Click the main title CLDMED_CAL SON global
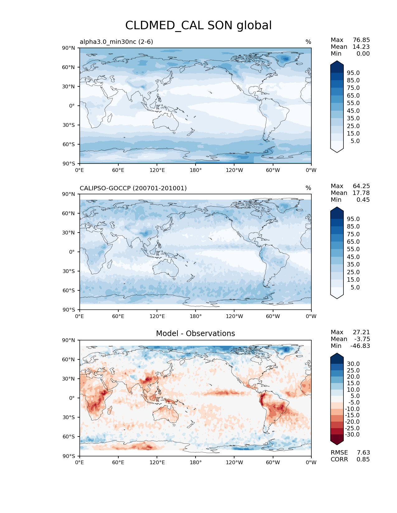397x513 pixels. coord(198,25)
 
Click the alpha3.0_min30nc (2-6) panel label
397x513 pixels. coord(116,42)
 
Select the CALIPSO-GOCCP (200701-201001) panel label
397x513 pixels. coord(133,188)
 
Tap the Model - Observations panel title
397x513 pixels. coord(195,334)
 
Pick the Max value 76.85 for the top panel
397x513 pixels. coord(361,40)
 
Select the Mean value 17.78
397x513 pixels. coord(361,193)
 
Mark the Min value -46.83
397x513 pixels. coord(360,346)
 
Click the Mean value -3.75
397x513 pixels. coord(362,339)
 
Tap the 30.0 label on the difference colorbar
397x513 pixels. coord(353,364)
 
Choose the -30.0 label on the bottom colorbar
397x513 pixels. coord(352,434)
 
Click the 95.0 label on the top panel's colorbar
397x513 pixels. coord(353,73)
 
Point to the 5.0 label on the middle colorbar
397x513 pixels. coord(355,287)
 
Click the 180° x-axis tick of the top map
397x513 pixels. coord(196,170)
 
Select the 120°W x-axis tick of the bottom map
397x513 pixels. coord(234,462)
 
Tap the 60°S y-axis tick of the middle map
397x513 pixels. coord(69,290)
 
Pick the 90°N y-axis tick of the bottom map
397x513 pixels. coord(69,340)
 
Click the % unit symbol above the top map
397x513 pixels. coord(308,42)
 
